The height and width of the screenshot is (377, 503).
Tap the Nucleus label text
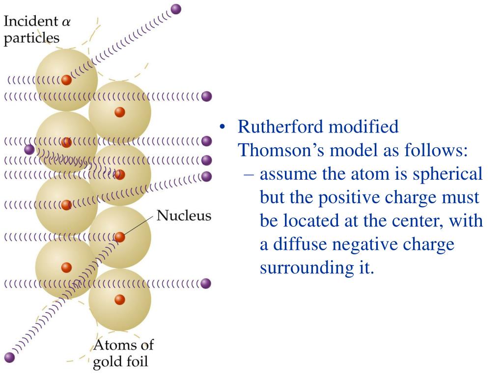(x=184, y=215)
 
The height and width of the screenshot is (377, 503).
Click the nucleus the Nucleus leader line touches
(x=120, y=237)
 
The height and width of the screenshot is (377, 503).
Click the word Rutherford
(x=282, y=127)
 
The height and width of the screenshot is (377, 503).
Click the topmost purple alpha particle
(x=175, y=9)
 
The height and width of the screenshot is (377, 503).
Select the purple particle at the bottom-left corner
(x=9, y=357)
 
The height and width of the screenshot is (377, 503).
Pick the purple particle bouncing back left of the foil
(x=29, y=149)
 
